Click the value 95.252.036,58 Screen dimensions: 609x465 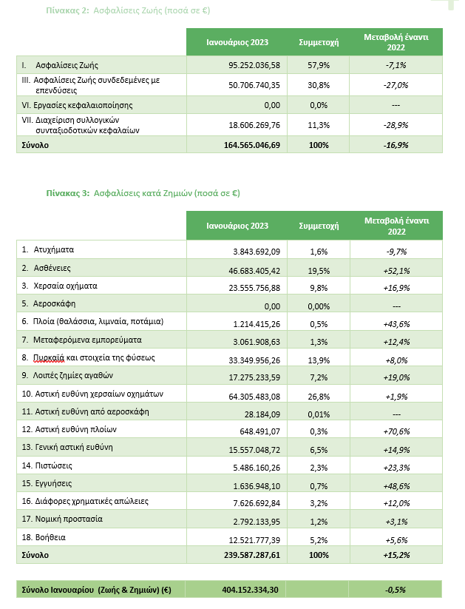pos(254,65)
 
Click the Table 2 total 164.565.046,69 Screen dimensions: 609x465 pos(252,145)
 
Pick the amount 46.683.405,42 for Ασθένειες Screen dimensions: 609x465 pos(252,269)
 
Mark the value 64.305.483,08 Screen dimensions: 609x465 pos(252,394)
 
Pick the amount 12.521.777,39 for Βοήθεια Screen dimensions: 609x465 pos(252,538)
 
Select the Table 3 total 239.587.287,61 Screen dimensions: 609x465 pos(252,555)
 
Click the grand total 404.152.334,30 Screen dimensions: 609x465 pos(252,590)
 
